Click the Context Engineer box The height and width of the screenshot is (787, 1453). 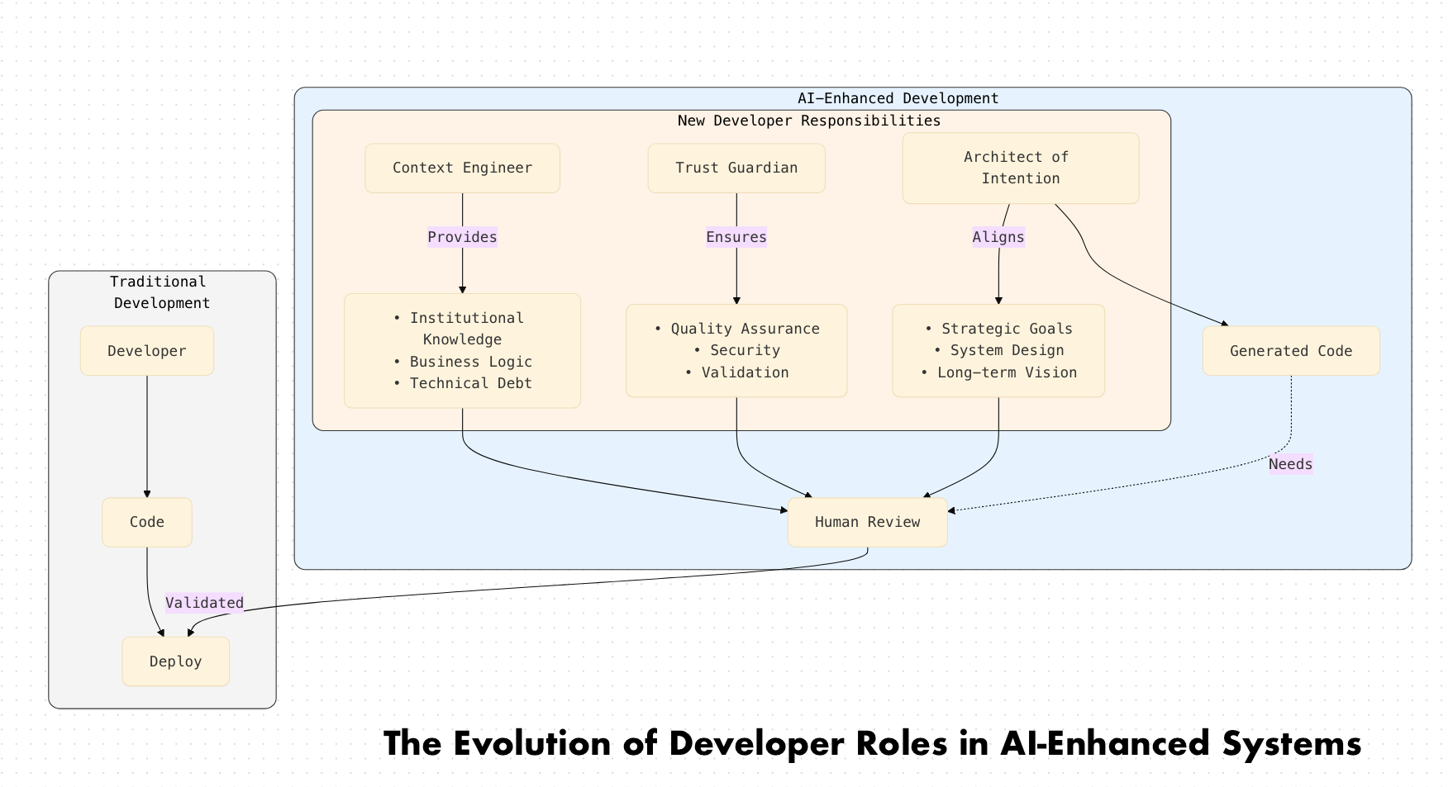[x=462, y=168]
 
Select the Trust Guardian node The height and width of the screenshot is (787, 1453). [x=736, y=168]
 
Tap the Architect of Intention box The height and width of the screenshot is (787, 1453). [x=1020, y=168]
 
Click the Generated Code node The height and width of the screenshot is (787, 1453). [x=1290, y=351]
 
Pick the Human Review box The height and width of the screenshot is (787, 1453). [x=867, y=522]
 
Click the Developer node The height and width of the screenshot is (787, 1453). [x=147, y=351]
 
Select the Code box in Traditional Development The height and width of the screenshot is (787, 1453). [x=147, y=522]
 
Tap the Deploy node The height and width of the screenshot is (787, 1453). [x=175, y=661]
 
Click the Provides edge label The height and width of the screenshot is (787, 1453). [x=462, y=238]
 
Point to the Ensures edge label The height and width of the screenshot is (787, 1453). [x=736, y=238]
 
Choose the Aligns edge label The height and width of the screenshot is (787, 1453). [x=998, y=238]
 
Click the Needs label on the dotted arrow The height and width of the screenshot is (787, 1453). [x=1290, y=464]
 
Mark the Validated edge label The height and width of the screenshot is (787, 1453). [x=204, y=603]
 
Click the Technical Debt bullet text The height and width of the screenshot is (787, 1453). [x=470, y=383]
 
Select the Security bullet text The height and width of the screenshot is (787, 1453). [x=745, y=350]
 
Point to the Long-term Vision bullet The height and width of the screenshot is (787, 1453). [x=1006, y=372]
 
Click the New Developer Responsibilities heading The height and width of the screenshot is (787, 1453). [x=808, y=121]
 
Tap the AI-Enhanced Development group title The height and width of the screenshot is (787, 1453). [x=898, y=98]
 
